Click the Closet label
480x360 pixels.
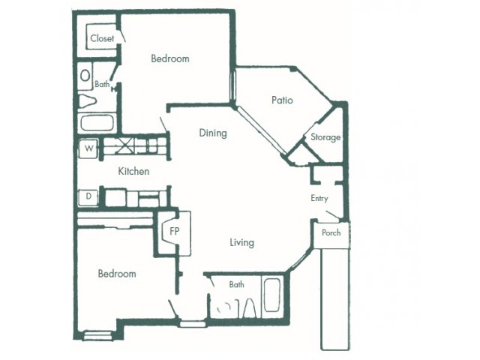point(102,38)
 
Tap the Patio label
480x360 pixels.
point(282,100)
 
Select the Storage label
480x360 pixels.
point(325,137)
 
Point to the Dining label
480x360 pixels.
point(213,133)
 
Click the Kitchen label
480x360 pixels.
point(133,171)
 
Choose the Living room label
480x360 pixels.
point(241,243)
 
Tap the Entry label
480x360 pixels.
point(319,198)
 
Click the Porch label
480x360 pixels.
point(331,232)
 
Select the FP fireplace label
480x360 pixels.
point(175,231)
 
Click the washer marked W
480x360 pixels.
point(88,148)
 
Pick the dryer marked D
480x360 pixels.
point(88,196)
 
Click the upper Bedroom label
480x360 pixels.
point(170,58)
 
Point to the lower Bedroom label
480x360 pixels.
point(117,273)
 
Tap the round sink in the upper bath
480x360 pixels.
point(85,76)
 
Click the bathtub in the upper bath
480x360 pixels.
point(97,123)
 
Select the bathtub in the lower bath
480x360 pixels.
point(271,295)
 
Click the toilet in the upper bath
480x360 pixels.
point(87,100)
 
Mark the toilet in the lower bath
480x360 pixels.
point(250,308)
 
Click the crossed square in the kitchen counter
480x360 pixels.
point(124,145)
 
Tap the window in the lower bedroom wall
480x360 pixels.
point(98,336)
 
